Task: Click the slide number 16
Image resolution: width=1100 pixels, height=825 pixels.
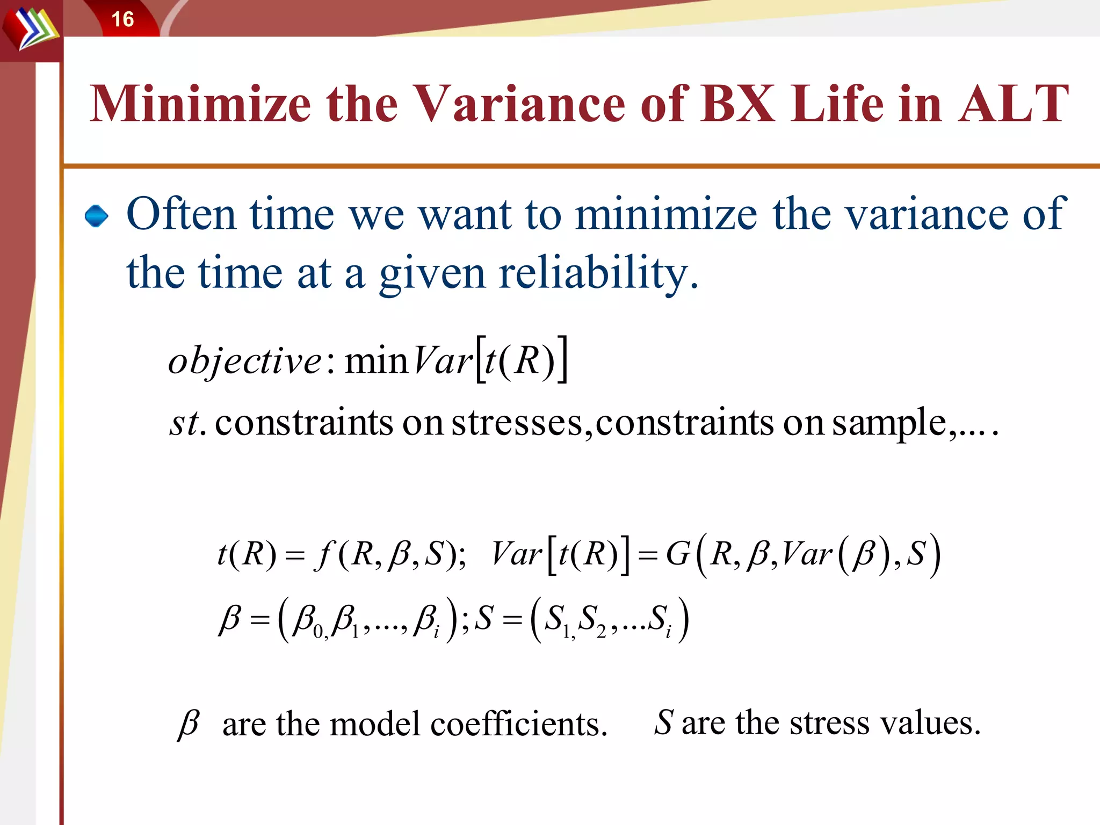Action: pos(122,19)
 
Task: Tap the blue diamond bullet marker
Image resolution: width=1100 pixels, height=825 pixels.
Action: pos(97,216)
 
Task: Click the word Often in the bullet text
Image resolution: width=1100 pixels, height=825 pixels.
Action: pos(180,214)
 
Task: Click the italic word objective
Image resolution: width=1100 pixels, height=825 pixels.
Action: pos(245,360)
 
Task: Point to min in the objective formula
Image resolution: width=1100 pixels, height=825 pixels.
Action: pos(376,360)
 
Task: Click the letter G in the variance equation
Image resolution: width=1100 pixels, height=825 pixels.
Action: pos(678,554)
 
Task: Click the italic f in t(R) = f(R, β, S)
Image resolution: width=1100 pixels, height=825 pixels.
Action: pos(324,554)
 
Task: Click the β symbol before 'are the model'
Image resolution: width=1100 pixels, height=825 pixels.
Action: pos(189,723)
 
